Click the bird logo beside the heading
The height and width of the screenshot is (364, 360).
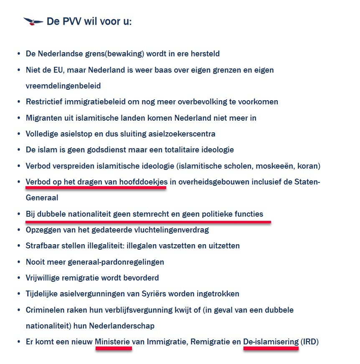pos(33,21)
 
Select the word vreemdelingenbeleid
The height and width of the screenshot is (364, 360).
pos(63,86)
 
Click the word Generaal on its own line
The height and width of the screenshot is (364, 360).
pos(42,198)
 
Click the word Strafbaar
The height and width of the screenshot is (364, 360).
pos(43,245)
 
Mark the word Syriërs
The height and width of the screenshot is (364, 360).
pos(177,293)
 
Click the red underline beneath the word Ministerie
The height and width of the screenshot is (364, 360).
pos(114,349)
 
